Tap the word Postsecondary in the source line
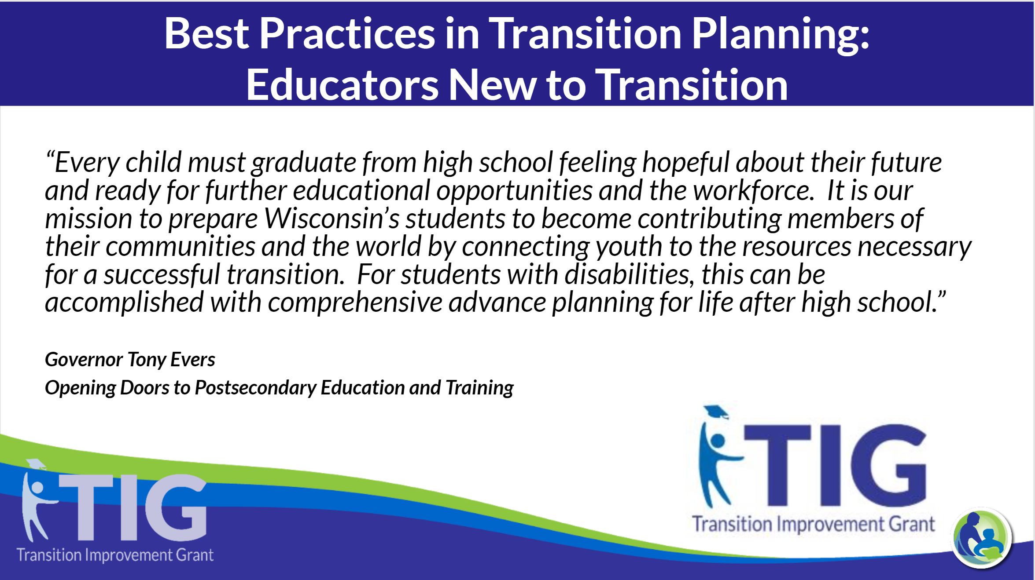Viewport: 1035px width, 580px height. point(255,388)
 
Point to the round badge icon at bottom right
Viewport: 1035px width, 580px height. point(982,538)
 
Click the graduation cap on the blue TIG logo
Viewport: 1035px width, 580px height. point(716,412)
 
